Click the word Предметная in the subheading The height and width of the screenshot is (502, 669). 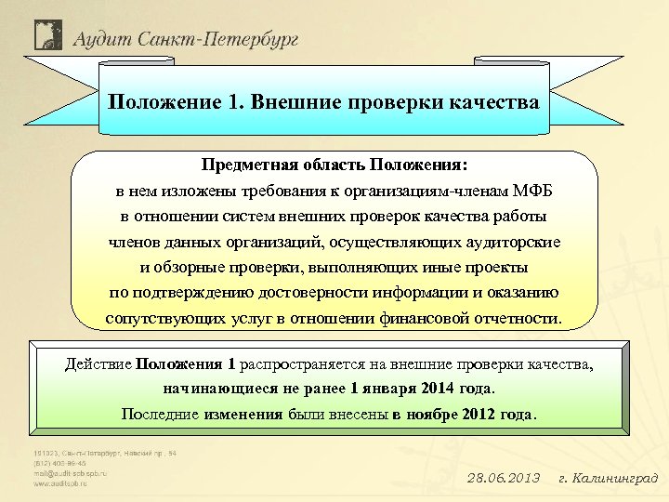coord(249,165)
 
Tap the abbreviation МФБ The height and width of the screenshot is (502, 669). coord(531,191)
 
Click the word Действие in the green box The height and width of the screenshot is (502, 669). coord(98,363)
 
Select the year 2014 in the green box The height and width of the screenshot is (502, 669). coord(442,388)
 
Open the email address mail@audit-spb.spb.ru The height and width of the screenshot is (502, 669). coord(71,472)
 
